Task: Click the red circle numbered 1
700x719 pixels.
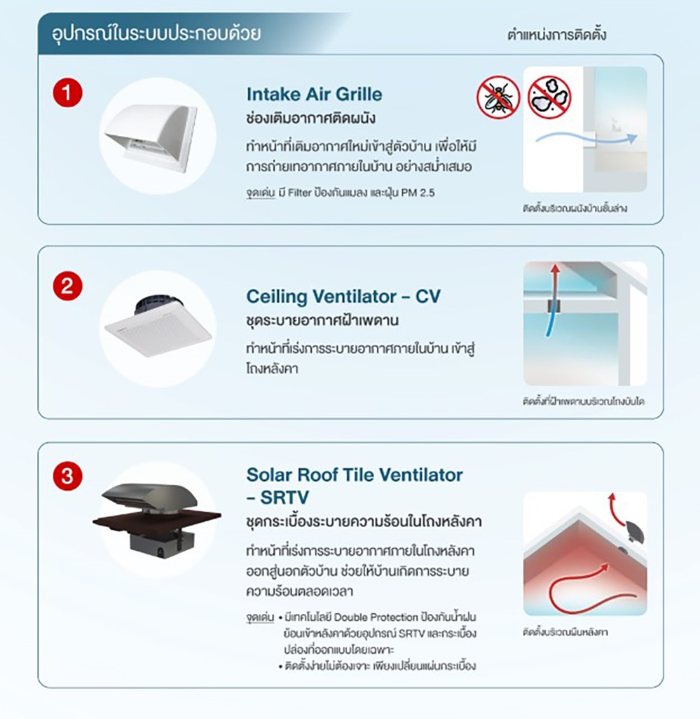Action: [x=67, y=93]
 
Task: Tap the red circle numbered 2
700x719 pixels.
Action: [x=67, y=286]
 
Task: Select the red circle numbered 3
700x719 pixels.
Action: [x=67, y=476]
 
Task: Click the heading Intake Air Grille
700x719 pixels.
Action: [x=314, y=94]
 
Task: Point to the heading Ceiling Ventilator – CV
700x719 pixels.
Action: [x=343, y=296]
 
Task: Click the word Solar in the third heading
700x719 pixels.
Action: [x=270, y=474]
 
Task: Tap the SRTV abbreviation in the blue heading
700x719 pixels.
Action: [x=284, y=497]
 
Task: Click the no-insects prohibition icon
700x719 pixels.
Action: [x=497, y=97]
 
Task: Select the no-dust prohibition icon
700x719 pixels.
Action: [x=549, y=97]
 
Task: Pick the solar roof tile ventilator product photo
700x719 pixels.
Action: [x=157, y=521]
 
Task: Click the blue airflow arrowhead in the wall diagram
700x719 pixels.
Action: [x=632, y=138]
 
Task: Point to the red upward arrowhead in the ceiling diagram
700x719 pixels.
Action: [x=555, y=268]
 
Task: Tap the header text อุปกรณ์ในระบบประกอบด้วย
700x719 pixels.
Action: [x=156, y=34]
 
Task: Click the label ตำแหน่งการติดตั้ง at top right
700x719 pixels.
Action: [x=557, y=34]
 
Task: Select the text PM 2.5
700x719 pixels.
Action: [x=418, y=193]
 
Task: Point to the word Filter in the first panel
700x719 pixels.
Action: [x=300, y=193]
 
